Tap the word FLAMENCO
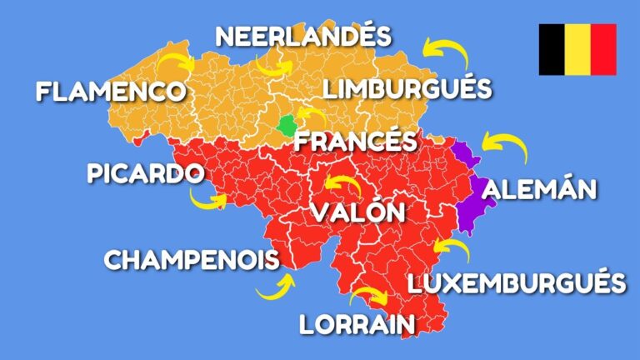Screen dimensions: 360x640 tap(111, 90)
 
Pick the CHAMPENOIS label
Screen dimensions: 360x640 tap(191, 260)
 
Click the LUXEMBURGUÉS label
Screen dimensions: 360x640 tap(517, 282)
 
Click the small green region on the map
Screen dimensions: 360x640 tap(287, 126)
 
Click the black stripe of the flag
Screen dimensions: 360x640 tap(552, 49)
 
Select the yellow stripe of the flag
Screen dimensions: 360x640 tap(577, 49)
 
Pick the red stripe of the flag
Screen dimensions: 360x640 tap(603, 49)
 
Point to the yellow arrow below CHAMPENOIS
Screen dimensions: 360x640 tap(276, 287)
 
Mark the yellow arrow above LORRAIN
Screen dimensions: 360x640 tap(367, 295)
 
